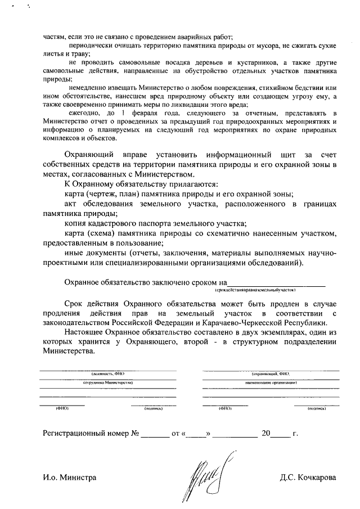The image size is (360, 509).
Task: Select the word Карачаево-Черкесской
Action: pyautogui.click(x=245, y=323)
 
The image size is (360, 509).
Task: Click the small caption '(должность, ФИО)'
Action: pyautogui.click(x=107, y=373)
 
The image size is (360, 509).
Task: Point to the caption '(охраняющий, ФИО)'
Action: pyautogui.click(x=270, y=373)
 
